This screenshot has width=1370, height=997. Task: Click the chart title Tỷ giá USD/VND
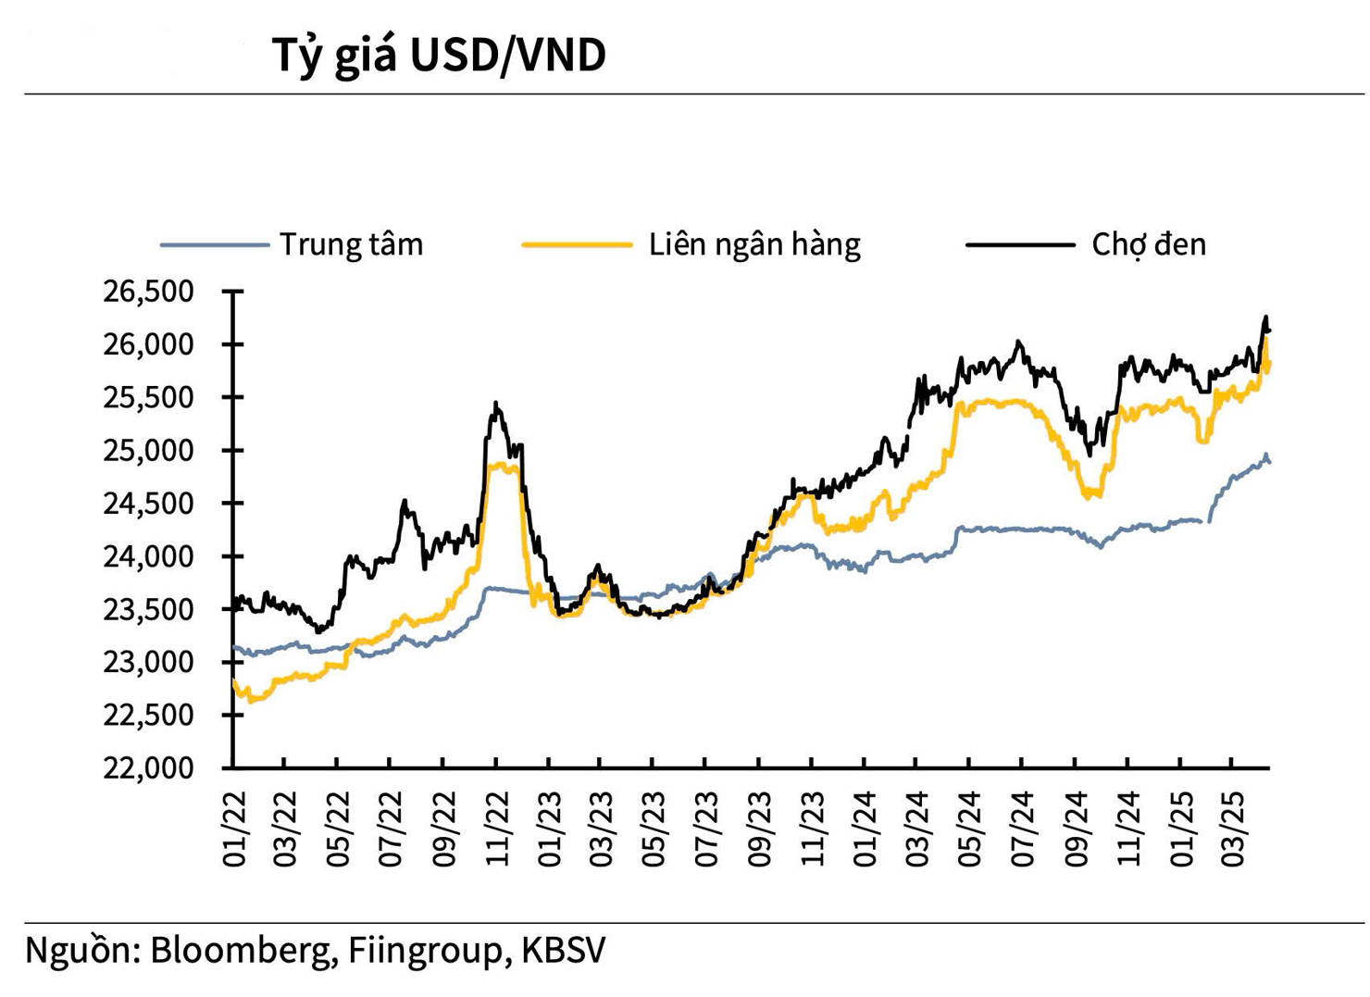pos(439,56)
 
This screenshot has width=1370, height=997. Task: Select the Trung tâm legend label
pos(351,244)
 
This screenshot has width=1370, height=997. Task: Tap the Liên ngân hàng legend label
pos(754,244)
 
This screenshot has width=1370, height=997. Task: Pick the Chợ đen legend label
pos(1148,244)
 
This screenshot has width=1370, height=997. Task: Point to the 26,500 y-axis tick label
pos(149,292)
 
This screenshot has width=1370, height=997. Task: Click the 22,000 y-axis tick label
pos(149,767)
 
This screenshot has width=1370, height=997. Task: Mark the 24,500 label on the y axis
pos(149,503)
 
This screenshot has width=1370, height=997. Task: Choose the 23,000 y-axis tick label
pos(149,662)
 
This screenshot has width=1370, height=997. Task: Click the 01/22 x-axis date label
pos(235,829)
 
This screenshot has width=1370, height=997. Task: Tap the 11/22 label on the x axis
pos(498,829)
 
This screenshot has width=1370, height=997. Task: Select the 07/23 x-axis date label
pos(706,829)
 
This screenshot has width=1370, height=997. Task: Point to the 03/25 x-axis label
pos(1232,829)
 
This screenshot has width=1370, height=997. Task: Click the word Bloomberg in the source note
pos(243,951)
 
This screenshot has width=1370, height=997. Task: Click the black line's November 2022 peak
pos(496,404)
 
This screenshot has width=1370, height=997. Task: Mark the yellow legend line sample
pos(576,245)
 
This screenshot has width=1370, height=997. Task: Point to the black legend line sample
pos(1019,245)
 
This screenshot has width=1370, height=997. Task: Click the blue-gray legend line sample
pos(214,245)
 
